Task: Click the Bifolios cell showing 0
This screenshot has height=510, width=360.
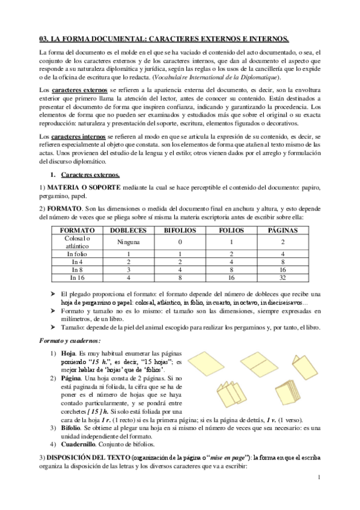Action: [179, 242]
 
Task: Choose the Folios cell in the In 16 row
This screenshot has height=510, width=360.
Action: [230, 278]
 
